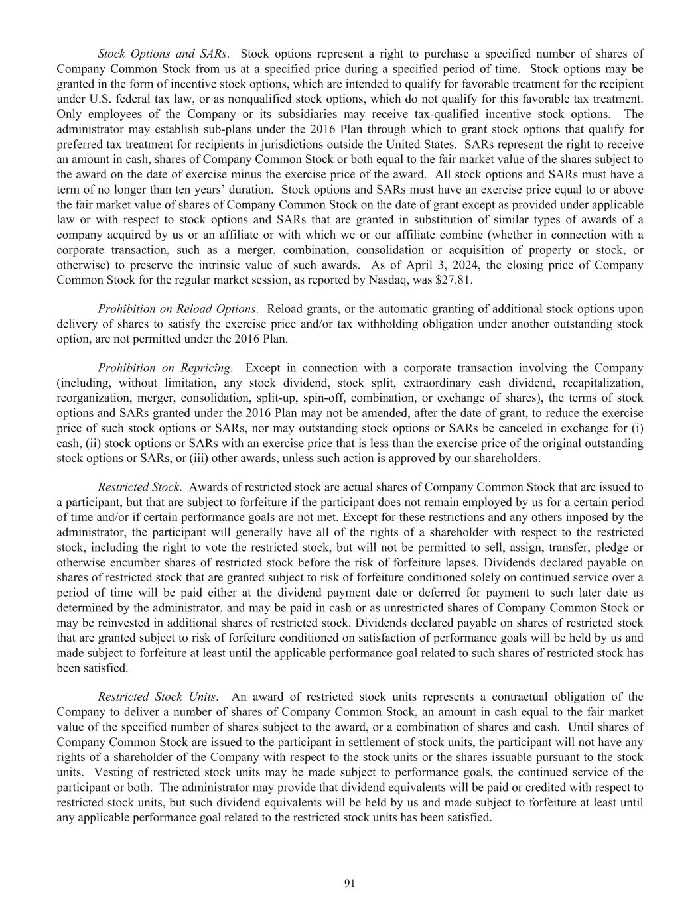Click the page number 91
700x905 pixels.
350,882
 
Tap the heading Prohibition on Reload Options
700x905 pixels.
176,309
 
